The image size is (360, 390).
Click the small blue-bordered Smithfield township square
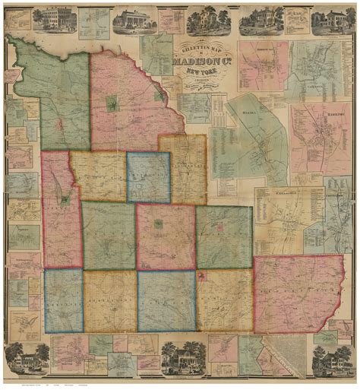[148, 176]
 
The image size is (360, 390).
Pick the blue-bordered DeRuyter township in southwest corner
[63, 300]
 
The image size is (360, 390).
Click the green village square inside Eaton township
[158, 224]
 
